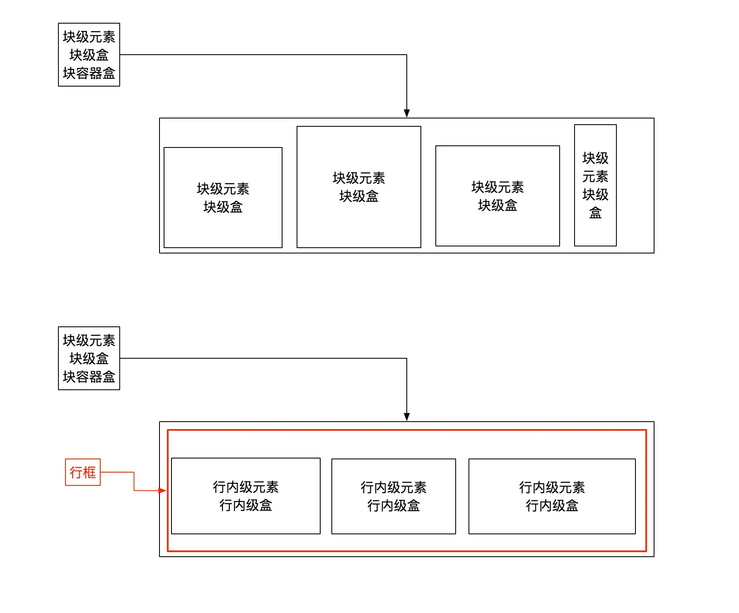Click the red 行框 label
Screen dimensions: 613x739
[83, 472]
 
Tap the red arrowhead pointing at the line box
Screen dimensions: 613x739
[162, 491]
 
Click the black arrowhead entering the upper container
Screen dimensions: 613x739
[407, 113]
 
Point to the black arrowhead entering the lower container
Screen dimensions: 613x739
[407, 417]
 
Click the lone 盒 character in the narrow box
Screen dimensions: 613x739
[595, 213]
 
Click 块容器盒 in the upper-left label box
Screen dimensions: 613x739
[89, 73]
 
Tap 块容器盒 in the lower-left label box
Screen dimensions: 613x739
[89, 377]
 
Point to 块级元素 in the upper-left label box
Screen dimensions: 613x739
[89, 37]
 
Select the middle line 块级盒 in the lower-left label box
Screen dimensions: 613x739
[89, 359]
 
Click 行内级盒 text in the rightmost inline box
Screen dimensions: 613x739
[552, 506]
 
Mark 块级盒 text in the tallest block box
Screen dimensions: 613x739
[359, 196]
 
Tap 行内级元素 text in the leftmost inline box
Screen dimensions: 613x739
[246, 487]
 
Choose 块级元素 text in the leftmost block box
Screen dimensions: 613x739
[223, 189]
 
